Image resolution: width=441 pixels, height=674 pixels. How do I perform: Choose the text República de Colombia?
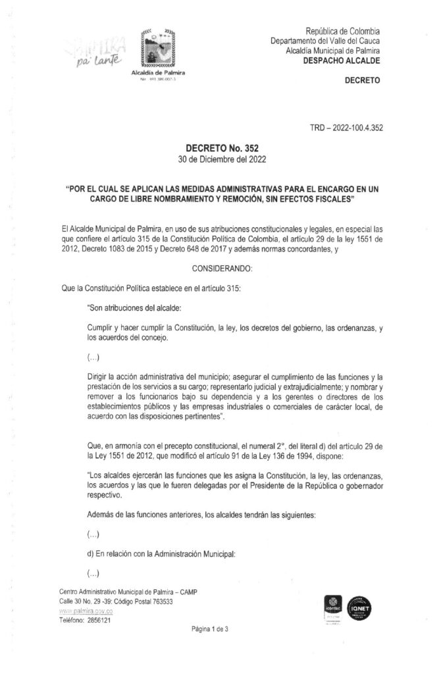coord(344,31)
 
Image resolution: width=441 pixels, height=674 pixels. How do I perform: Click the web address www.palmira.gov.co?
coord(83,611)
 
